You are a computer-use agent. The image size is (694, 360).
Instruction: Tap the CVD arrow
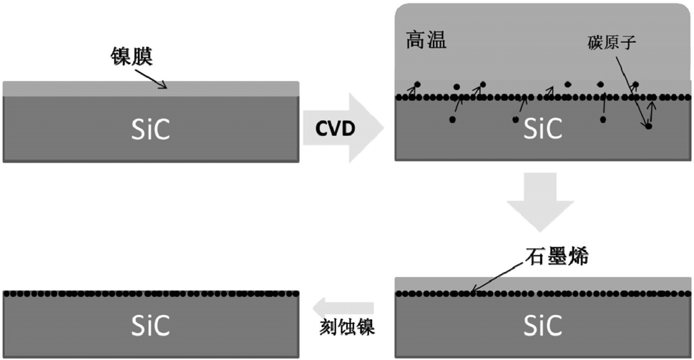click(343, 127)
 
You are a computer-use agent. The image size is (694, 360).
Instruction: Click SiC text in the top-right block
click(542, 129)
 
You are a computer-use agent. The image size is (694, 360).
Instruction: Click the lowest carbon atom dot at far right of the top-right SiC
click(647, 127)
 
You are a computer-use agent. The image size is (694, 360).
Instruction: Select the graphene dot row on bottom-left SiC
click(150, 293)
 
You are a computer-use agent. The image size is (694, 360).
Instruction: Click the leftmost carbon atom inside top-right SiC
click(452, 120)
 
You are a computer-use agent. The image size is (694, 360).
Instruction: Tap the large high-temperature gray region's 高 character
click(415, 39)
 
